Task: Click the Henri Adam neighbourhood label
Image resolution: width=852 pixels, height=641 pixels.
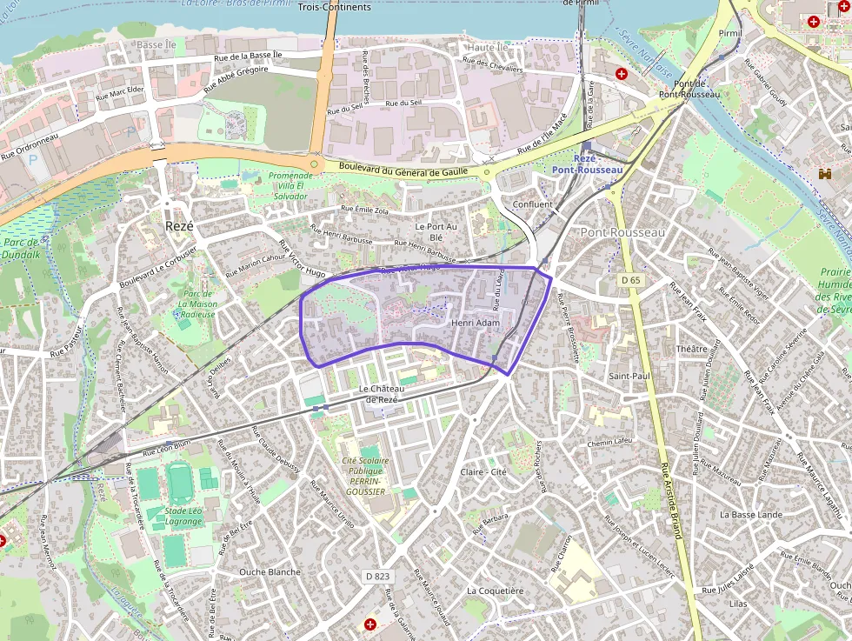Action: click(x=476, y=323)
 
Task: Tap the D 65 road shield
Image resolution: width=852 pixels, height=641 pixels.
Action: click(x=630, y=280)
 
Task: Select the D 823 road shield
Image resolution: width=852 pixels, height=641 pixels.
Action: click(x=378, y=576)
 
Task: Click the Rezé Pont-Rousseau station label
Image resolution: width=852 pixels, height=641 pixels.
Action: click(x=586, y=164)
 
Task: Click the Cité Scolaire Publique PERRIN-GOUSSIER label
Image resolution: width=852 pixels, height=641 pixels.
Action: click(x=365, y=476)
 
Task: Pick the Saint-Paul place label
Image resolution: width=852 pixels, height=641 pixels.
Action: click(x=629, y=377)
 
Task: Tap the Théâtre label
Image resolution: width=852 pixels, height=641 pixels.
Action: click(x=692, y=349)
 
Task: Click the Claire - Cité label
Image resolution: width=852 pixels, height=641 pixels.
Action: click(x=483, y=471)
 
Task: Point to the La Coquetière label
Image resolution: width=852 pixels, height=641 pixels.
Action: click(x=496, y=591)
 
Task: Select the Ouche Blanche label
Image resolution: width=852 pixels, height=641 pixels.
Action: click(x=270, y=571)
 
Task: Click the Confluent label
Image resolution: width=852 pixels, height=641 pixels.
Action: click(x=532, y=204)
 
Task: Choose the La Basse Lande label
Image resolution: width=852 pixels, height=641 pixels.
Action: click(x=751, y=514)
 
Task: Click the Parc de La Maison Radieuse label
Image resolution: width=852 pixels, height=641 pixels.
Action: click(x=197, y=304)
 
